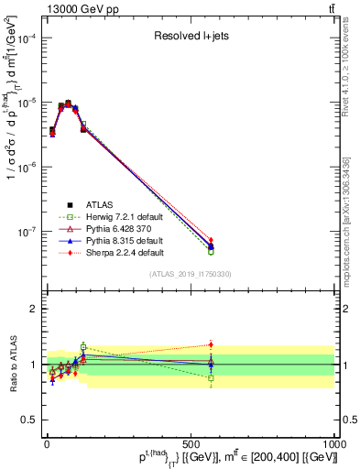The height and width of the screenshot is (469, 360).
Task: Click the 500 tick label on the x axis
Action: pos(190,442)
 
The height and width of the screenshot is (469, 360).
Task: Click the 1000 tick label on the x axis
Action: pos(333,442)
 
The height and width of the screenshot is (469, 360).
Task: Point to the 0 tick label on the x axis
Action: pos(47,442)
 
